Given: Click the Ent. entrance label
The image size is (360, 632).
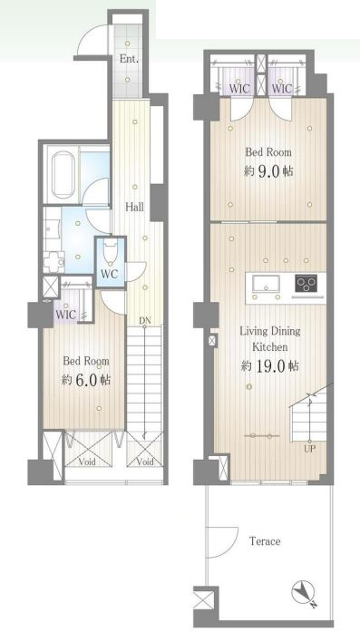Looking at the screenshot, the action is (x=129, y=59).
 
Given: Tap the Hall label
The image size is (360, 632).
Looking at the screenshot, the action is (x=134, y=208).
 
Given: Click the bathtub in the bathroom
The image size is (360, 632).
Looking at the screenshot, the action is (x=63, y=174).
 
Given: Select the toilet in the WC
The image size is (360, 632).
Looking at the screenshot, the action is (x=111, y=251).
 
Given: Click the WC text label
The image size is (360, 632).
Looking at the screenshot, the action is (x=109, y=274).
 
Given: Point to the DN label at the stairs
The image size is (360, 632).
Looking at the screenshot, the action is (x=144, y=321).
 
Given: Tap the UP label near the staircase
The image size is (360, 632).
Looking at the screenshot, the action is (x=309, y=448).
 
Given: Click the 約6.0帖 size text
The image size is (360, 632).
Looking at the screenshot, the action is (x=86, y=380).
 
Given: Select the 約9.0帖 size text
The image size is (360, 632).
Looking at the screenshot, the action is (x=268, y=171).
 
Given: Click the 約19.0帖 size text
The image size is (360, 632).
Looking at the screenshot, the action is (x=269, y=366).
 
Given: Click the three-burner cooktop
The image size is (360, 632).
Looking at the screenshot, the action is (x=306, y=284).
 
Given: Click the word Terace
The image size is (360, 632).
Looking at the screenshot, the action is (x=265, y=541).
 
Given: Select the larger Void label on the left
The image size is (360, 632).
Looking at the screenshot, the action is (x=86, y=462).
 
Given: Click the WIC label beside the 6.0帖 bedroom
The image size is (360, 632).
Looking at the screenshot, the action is (x=65, y=315).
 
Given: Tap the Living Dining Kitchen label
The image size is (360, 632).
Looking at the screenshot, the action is (x=269, y=338).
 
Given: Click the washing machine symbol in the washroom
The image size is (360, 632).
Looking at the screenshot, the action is (x=54, y=262).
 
